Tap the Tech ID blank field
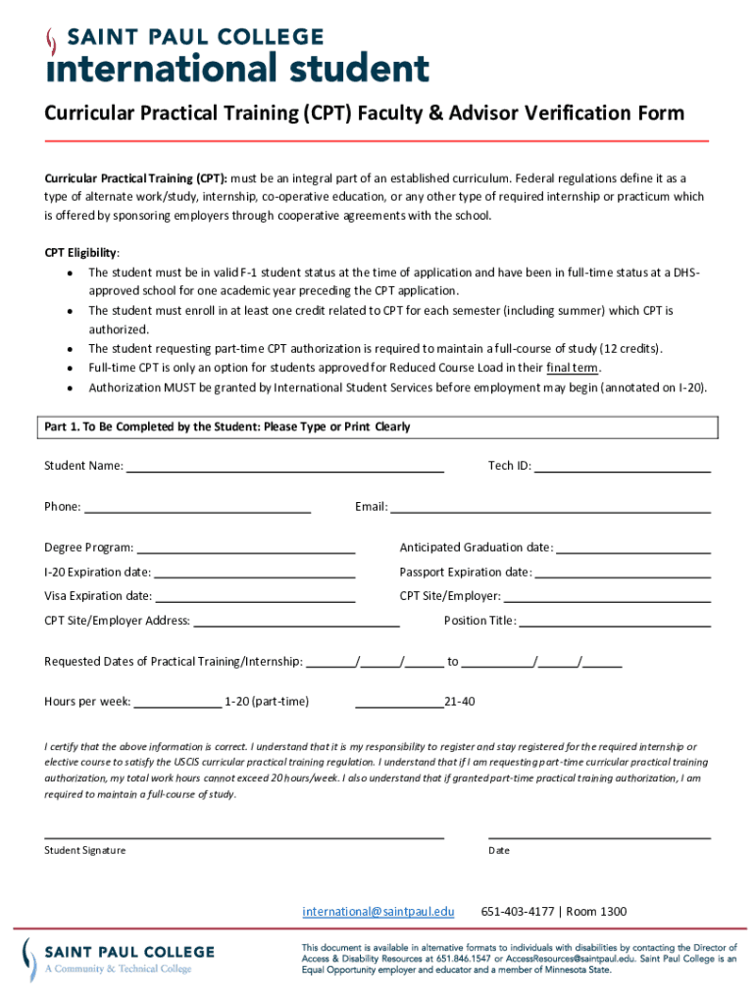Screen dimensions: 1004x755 [x=622, y=469]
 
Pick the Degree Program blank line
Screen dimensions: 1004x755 [x=245, y=550]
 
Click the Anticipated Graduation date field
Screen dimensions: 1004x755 [x=633, y=550]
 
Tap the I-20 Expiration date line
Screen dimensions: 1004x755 [x=254, y=575]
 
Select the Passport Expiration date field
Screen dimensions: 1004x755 [x=623, y=575]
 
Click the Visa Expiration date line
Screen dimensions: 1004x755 [x=255, y=598]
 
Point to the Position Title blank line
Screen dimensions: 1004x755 [x=615, y=623]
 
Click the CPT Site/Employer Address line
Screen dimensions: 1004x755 [x=296, y=623]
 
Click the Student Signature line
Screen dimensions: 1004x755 [x=244, y=837]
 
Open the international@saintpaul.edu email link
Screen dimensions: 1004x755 [x=378, y=912]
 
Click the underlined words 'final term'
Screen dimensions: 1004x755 [x=573, y=368]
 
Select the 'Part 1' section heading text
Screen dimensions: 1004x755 [x=227, y=427]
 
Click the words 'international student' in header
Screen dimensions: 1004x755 [x=238, y=70]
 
